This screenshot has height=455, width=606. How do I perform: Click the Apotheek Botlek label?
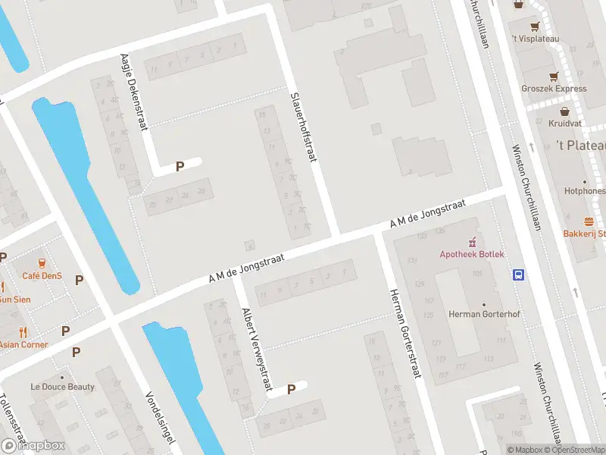[x=471, y=254]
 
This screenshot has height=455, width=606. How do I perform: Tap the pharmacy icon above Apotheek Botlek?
[x=471, y=242]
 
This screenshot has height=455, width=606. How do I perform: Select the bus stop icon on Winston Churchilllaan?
[x=520, y=275]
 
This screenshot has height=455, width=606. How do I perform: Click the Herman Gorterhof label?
[x=482, y=314]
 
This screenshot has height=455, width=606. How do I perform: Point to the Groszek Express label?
[x=553, y=89]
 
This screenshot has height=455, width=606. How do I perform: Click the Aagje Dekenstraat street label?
[x=133, y=92]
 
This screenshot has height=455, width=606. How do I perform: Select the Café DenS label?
[x=42, y=276]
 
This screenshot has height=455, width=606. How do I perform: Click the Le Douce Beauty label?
[x=62, y=387]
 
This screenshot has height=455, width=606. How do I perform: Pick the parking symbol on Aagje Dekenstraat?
[x=180, y=166]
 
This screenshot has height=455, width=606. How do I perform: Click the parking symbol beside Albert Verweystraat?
[x=291, y=390]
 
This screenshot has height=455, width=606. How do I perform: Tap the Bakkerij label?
[x=584, y=234]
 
